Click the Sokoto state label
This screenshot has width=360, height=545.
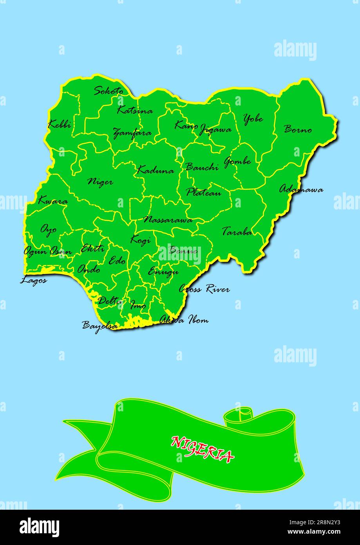(108, 91)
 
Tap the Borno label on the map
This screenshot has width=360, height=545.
(298, 129)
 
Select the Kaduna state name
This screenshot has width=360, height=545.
(156, 171)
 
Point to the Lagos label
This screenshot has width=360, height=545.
(34, 280)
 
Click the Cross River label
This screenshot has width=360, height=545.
(204, 289)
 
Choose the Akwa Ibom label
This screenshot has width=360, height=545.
(184, 320)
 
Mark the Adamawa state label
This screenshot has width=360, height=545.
(301, 189)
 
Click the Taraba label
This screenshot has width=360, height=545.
(237, 232)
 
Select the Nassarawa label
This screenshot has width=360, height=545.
(168, 220)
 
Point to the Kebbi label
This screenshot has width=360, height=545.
(60, 125)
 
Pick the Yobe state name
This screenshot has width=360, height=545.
(253, 118)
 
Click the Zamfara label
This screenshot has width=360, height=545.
(132, 133)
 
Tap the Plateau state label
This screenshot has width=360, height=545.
(203, 193)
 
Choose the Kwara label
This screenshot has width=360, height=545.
(52, 201)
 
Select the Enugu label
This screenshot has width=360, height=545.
(163, 271)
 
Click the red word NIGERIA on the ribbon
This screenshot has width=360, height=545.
(202, 449)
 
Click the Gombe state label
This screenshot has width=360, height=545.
(237, 161)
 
